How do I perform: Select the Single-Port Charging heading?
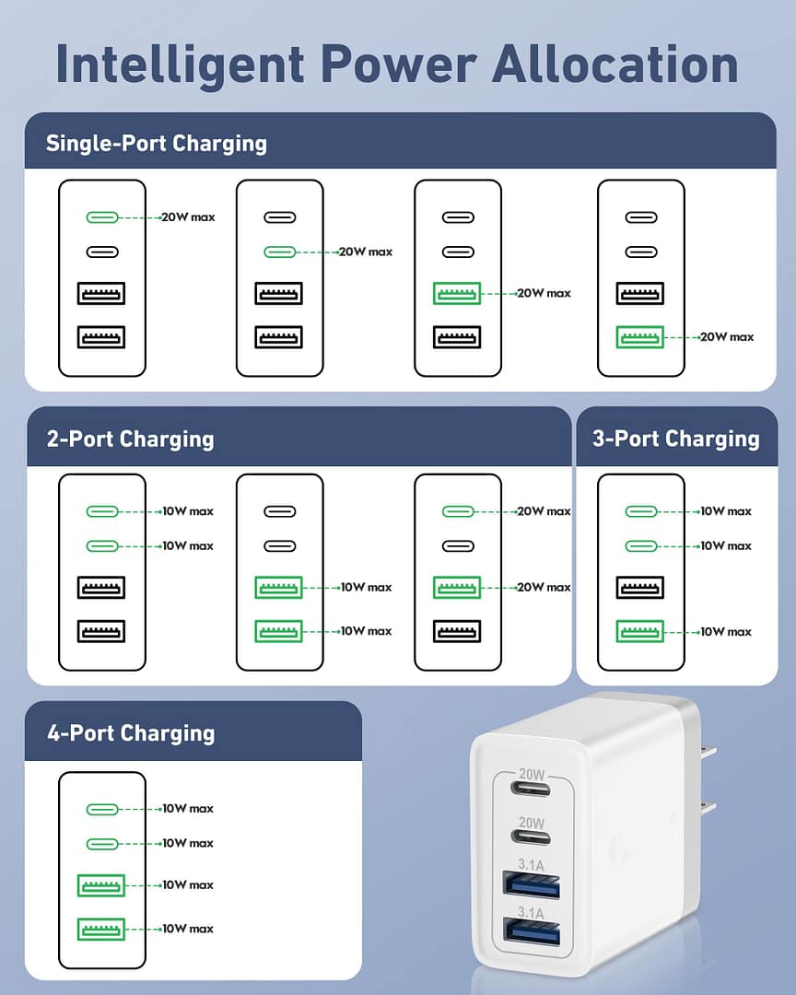pyautogui.click(x=157, y=143)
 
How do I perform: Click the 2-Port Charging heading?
pyautogui.click(x=131, y=439)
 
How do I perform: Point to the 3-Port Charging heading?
pyautogui.click(x=676, y=439)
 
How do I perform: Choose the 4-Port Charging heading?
pyautogui.click(x=131, y=733)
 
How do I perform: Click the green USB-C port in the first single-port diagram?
pyautogui.click(x=101, y=217)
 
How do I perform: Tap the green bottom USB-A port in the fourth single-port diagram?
pyautogui.click(x=640, y=337)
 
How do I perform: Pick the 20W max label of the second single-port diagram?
pyautogui.click(x=366, y=252)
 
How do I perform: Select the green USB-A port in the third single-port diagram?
pyautogui.click(x=457, y=294)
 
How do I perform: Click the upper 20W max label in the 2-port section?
pyautogui.click(x=544, y=511)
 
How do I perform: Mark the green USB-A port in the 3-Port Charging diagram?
pyautogui.click(x=640, y=632)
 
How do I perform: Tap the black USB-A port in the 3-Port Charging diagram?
pyautogui.click(x=640, y=588)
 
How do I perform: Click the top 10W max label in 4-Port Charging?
pyautogui.click(x=187, y=809)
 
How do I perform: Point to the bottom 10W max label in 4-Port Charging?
pyautogui.click(x=187, y=929)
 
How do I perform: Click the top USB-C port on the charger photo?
pyautogui.click(x=532, y=790)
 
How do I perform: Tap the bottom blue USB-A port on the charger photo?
pyautogui.click(x=533, y=932)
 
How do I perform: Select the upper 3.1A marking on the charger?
pyautogui.click(x=532, y=863)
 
